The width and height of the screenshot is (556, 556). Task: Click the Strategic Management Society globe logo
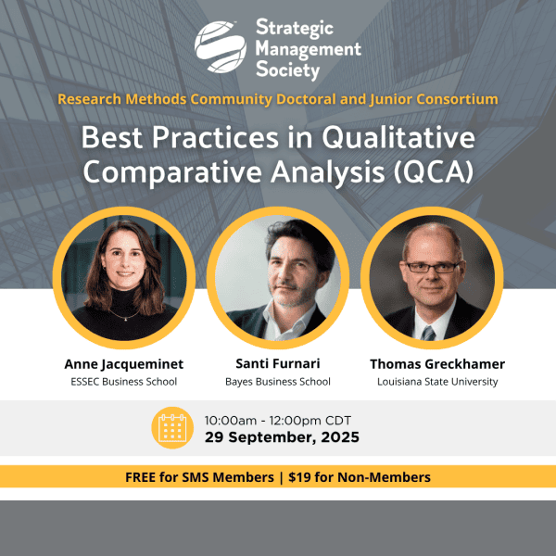point(221,47)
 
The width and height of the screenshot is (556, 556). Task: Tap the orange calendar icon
point(172,427)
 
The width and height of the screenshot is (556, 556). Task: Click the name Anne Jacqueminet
point(124,364)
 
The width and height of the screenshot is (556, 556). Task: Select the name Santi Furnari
point(278,363)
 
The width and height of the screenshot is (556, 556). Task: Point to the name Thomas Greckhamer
point(437,364)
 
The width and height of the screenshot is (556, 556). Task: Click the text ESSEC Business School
point(124,382)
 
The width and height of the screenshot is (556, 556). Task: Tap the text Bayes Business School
point(278,382)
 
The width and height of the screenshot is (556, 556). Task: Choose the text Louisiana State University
point(437,382)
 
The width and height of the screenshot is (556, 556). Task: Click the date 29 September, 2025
point(282,437)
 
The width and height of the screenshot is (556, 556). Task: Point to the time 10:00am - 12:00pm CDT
point(278,421)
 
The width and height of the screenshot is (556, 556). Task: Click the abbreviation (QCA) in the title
point(434,172)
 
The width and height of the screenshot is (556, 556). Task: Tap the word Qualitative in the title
point(398,138)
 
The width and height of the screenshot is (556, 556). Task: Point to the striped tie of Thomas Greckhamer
point(428,333)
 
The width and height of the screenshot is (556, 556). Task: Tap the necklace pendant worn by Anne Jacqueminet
point(124,320)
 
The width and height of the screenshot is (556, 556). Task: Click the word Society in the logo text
point(287,70)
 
